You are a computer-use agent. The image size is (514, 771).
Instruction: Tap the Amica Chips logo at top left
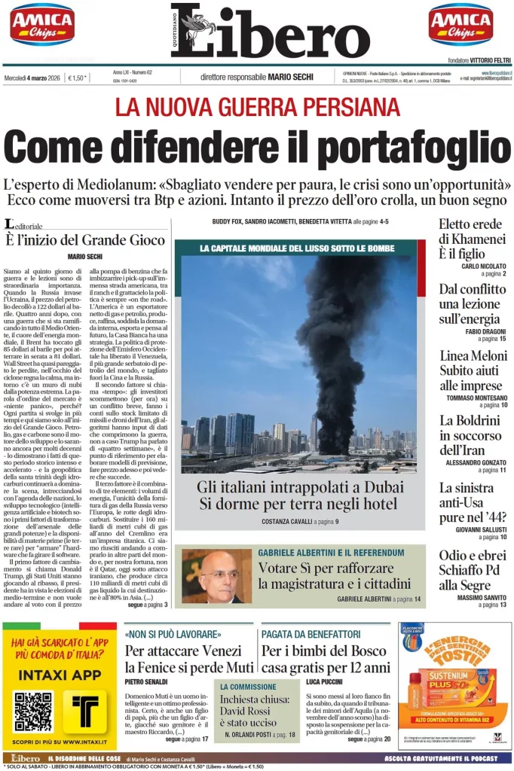42,24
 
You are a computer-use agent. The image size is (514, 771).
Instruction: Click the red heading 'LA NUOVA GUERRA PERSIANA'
257,107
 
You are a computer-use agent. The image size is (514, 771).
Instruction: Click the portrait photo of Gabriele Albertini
216,576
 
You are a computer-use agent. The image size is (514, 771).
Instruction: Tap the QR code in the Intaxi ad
32,711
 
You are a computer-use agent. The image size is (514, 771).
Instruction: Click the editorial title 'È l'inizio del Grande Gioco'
84,240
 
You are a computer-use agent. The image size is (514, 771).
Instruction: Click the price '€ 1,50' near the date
77,77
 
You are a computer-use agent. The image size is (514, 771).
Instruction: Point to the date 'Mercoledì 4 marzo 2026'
32,77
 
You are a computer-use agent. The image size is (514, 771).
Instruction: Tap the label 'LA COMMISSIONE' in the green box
249,687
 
